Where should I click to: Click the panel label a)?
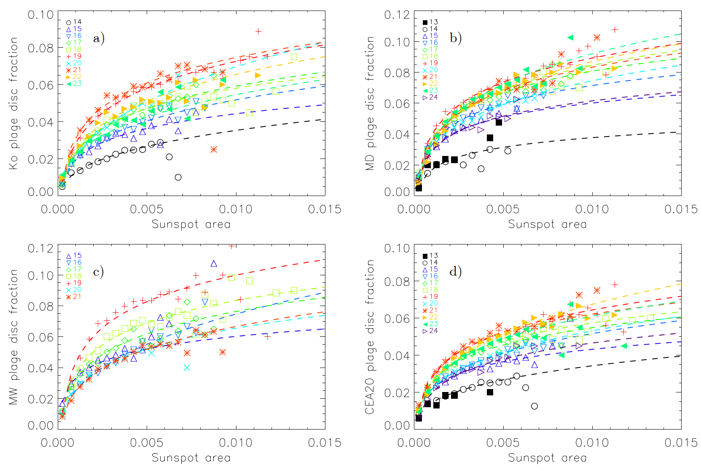tap(99, 39)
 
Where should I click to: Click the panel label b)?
tap(455, 38)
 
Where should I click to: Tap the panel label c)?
tap(98, 272)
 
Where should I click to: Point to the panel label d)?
tap(455, 271)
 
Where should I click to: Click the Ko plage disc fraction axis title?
tap(13, 103)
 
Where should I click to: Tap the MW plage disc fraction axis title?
tap(13, 337)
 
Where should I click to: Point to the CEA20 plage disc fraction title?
tap(370, 337)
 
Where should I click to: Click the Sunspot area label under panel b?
tap(547, 224)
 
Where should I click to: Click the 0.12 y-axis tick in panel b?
tap(398, 15)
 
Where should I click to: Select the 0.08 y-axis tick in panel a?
tap(41, 48)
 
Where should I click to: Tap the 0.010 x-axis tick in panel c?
tap(236, 443)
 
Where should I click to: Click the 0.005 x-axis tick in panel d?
tap(503, 443)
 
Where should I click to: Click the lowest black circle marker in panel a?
tap(178, 177)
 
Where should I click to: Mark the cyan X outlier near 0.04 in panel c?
tap(187, 368)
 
